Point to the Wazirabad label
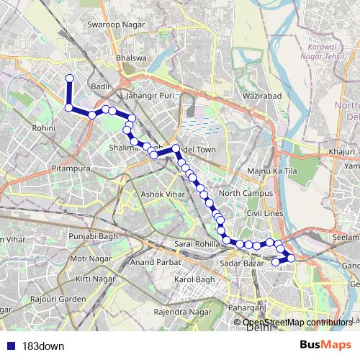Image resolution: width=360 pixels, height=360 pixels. point(261,95)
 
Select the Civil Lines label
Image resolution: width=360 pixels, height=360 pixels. point(262,214)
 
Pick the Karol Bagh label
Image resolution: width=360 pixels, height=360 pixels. point(196,279)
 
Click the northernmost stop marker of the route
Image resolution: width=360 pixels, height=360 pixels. point(70,78)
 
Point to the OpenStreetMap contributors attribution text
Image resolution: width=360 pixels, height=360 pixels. point(297,323)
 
